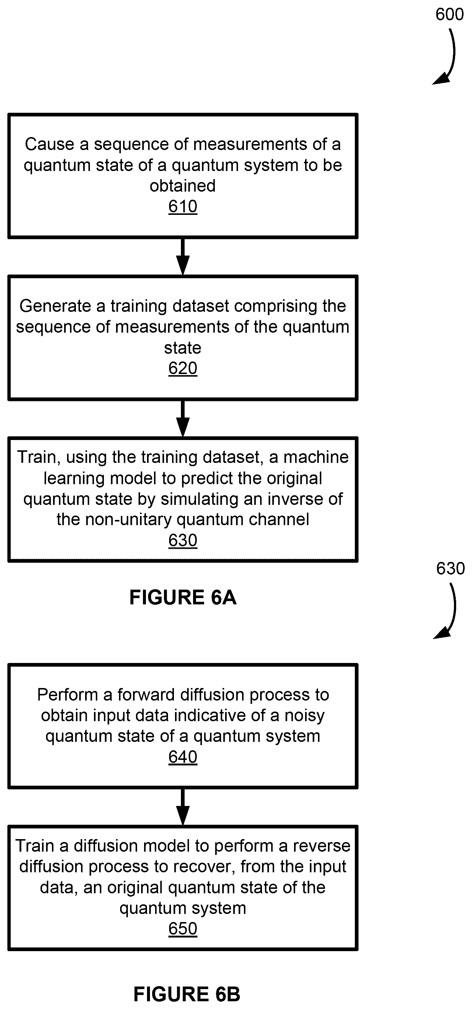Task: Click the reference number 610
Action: click(x=182, y=206)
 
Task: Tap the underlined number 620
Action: click(x=182, y=368)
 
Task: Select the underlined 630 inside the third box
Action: click(x=182, y=540)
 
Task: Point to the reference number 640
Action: click(x=182, y=757)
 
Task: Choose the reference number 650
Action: click(x=182, y=929)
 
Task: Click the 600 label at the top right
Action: click(x=450, y=14)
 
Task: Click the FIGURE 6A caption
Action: click(x=183, y=597)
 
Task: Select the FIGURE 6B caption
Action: click(x=187, y=994)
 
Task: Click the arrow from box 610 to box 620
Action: click(x=183, y=257)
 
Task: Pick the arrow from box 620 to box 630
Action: click(x=183, y=419)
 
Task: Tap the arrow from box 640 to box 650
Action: click(x=183, y=807)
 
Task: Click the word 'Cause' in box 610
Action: click(x=49, y=144)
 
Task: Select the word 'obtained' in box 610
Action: click(x=182, y=186)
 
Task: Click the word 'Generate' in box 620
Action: click(x=55, y=306)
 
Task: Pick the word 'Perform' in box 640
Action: click(x=67, y=695)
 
